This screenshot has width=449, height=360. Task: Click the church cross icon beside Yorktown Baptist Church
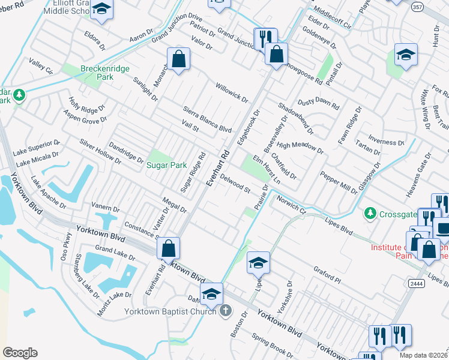point(225,311)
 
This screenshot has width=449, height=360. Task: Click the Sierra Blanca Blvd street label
point(207,117)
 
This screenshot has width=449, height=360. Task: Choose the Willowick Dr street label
point(232,92)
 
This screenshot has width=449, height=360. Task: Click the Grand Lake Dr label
point(115,253)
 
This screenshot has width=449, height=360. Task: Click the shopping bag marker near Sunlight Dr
point(178,59)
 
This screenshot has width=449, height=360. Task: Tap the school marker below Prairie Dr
point(258,263)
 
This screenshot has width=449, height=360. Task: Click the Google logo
point(20,353)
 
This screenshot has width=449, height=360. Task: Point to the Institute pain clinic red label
point(408,251)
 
